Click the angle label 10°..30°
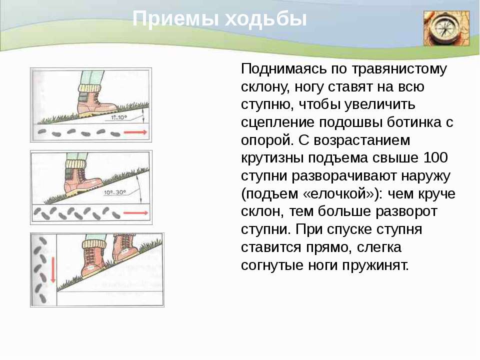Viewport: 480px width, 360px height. pyautogui.click(x=115, y=192)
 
